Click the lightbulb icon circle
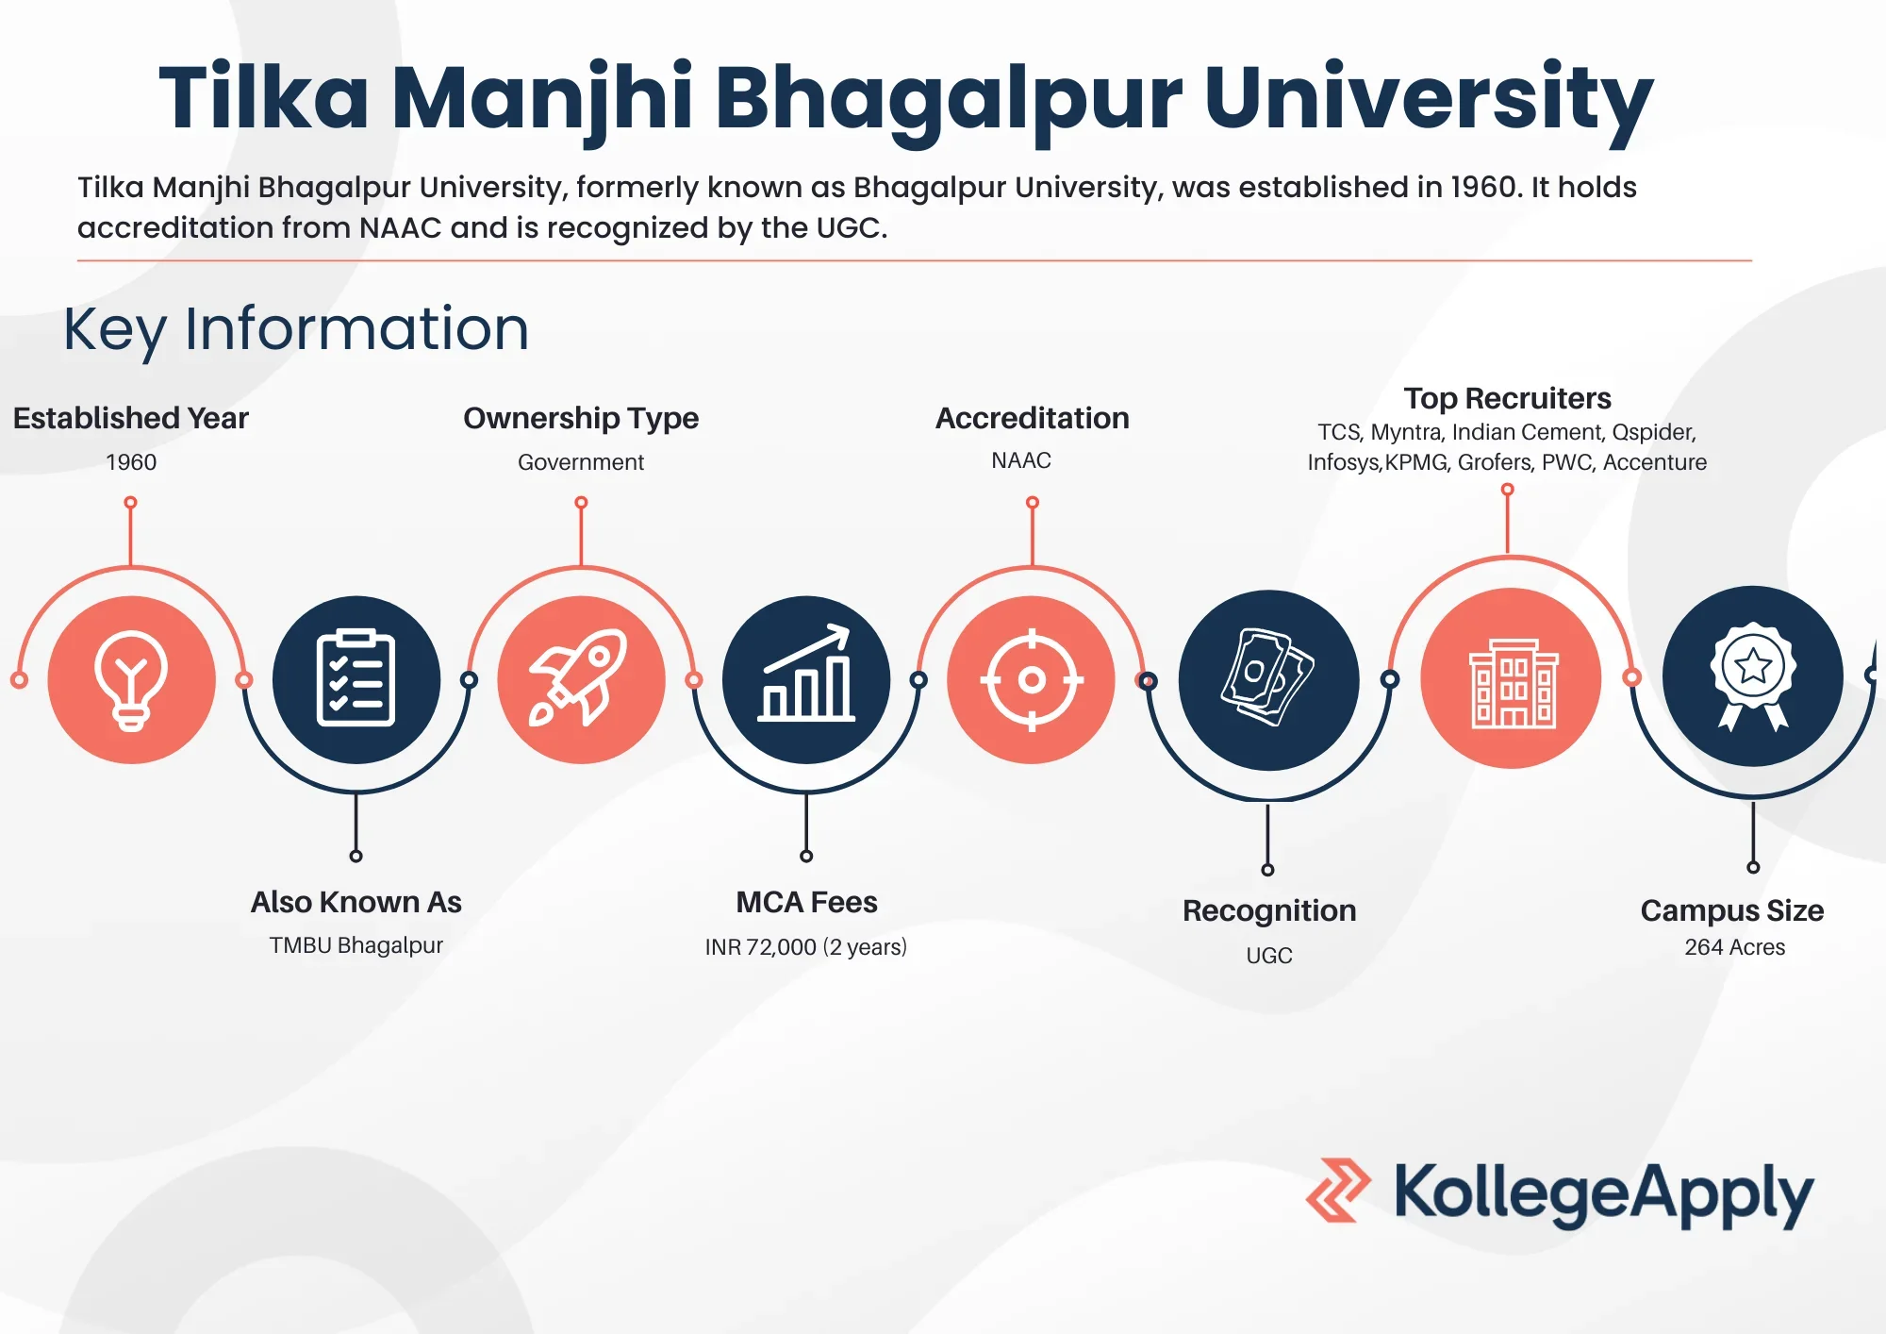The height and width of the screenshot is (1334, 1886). [x=132, y=679]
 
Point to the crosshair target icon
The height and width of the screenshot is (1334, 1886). [x=1032, y=679]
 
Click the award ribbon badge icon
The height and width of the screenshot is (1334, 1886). [x=1753, y=675]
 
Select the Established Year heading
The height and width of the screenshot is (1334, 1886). [x=131, y=418]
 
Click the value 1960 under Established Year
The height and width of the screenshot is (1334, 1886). [x=131, y=462]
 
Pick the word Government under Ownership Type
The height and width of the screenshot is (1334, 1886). [x=581, y=462]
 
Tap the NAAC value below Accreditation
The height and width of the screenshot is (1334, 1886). [x=1021, y=460]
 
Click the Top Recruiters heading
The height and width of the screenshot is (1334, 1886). [x=1507, y=398]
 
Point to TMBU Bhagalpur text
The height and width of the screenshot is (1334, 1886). [x=356, y=945]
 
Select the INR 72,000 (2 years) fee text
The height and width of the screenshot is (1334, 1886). [x=806, y=946]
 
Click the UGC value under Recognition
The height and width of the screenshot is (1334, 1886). [x=1269, y=956]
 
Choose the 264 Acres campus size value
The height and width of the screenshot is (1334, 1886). [x=1735, y=947]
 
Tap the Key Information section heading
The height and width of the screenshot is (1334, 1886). [x=296, y=330]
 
